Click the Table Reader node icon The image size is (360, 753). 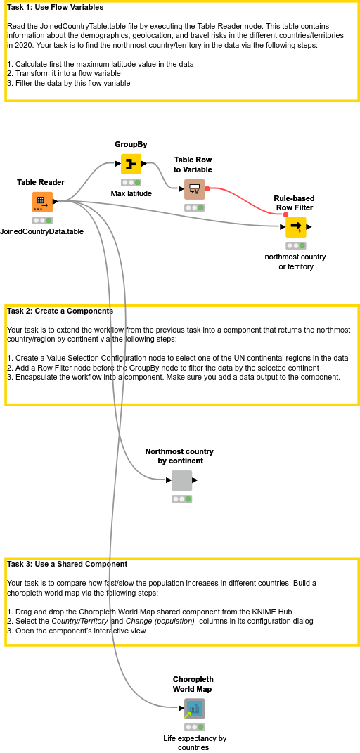pyautogui.click(x=42, y=202)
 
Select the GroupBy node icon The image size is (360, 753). pyautogui.click(x=131, y=164)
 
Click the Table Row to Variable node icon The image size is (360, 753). pyautogui.click(x=195, y=189)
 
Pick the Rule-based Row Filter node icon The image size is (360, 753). pyautogui.click(x=295, y=227)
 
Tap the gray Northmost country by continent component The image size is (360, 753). pyautogui.click(x=181, y=481)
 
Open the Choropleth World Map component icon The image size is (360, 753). pyautogui.click(x=194, y=709)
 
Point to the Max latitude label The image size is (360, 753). pyautogui.click(x=131, y=193)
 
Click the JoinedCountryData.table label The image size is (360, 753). pyautogui.click(x=42, y=231)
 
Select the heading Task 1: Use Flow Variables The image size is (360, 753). pyautogui.click(x=56, y=8)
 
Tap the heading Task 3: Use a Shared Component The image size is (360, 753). pyautogui.click(x=67, y=564)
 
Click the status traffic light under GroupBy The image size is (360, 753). pyautogui.click(x=131, y=182)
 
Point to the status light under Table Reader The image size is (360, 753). pyautogui.click(x=42, y=220)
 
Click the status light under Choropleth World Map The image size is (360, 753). pyautogui.click(x=194, y=727)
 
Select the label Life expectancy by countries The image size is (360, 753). pyautogui.click(x=195, y=743)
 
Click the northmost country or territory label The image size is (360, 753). pyautogui.click(x=295, y=262)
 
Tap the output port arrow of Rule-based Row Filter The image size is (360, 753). pyautogui.click(x=309, y=227)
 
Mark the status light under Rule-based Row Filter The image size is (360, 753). pyautogui.click(x=295, y=245)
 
